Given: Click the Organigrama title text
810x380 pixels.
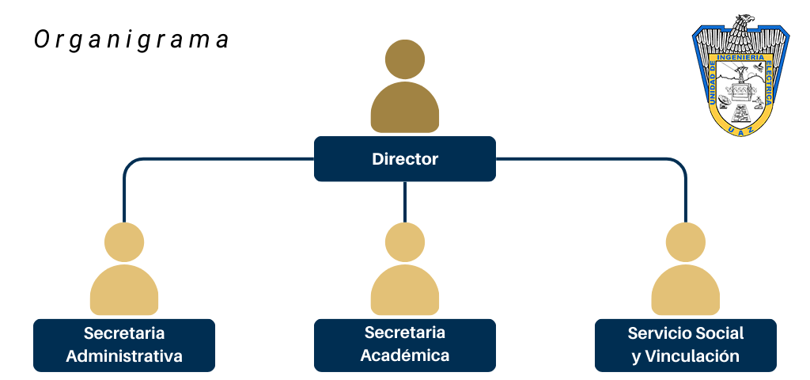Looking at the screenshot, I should (x=132, y=40).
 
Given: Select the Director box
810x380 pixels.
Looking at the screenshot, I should (x=404, y=159).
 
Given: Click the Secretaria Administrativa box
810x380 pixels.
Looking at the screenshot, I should (x=124, y=345).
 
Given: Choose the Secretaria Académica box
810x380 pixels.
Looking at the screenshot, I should (x=404, y=345).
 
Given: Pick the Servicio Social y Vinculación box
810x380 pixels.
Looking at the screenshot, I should (x=685, y=345).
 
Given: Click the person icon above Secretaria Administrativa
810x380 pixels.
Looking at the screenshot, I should (x=124, y=271).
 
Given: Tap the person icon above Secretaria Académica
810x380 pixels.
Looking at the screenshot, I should (x=404, y=271).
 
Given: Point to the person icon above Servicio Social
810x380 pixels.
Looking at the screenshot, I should (x=685, y=271).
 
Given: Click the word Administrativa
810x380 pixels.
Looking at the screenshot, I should (x=124, y=356).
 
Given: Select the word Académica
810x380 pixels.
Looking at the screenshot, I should (x=404, y=355).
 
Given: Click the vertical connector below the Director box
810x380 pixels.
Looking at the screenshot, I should (x=404, y=201).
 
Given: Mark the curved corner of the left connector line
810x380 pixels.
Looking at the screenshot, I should (x=130, y=165).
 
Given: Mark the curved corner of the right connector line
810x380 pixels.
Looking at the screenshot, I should (x=679, y=165).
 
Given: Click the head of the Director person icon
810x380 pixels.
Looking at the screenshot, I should (x=404, y=60).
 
